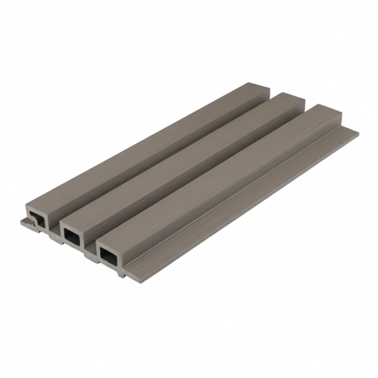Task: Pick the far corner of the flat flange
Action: coord(357,132)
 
